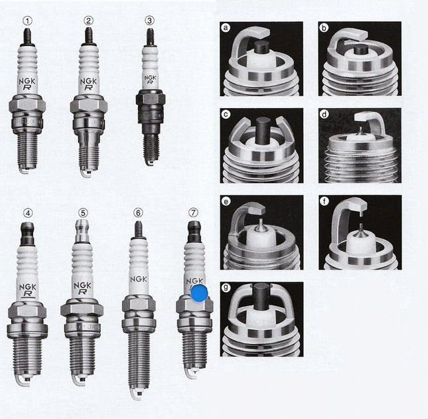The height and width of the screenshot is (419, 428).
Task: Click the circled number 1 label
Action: click(28, 21)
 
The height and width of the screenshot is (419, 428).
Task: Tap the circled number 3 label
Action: click(150, 21)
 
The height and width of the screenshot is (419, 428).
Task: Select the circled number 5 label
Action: click(83, 212)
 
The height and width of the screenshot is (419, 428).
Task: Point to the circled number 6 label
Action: click(139, 212)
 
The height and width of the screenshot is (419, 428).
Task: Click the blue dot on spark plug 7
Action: click(199, 293)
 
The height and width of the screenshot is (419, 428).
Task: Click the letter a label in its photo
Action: click(226, 28)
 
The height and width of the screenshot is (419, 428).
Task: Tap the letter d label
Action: click(324, 114)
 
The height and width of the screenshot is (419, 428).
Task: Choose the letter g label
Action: click(226, 288)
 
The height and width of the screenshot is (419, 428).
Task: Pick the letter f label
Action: click(324, 202)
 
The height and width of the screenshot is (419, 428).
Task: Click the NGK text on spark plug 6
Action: click(139, 279)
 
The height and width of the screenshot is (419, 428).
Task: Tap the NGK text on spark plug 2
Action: click(88, 82)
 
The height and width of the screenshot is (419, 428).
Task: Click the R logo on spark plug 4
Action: click(27, 294)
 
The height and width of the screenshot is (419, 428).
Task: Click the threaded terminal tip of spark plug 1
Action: click(27, 36)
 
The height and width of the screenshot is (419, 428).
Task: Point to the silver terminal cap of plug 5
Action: click(82, 231)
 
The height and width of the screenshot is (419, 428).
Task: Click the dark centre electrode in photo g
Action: click(261, 297)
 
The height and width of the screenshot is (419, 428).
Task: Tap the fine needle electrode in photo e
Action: click(261, 225)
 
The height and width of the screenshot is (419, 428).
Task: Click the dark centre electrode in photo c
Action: click(263, 131)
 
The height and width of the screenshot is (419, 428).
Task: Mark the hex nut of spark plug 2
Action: click(89, 104)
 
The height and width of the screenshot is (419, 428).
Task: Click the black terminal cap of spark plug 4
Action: click(28, 234)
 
